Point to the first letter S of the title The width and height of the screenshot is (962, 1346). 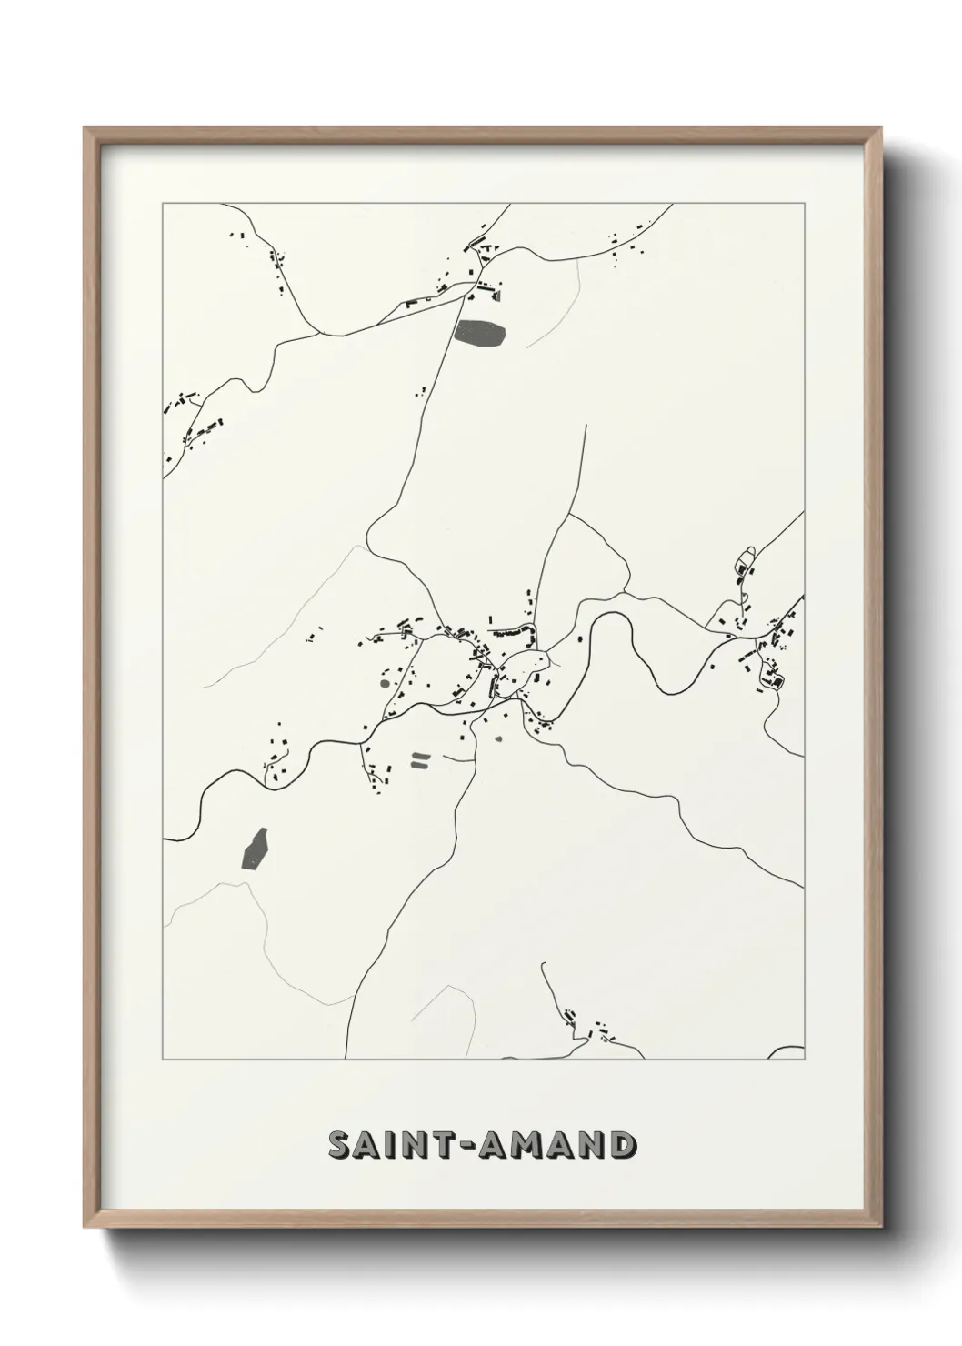click(x=338, y=1146)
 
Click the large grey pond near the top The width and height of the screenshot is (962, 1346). click(x=482, y=334)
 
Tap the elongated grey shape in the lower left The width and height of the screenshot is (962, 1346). click(x=255, y=848)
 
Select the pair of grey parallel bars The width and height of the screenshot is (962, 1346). click(x=420, y=760)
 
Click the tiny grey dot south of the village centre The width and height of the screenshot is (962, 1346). click(x=497, y=738)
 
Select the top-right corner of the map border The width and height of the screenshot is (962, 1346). click(x=805, y=203)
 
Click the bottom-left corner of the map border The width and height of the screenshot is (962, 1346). click(x=163, y=1060)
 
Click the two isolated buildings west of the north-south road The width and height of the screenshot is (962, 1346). click(x=420, y=392)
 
